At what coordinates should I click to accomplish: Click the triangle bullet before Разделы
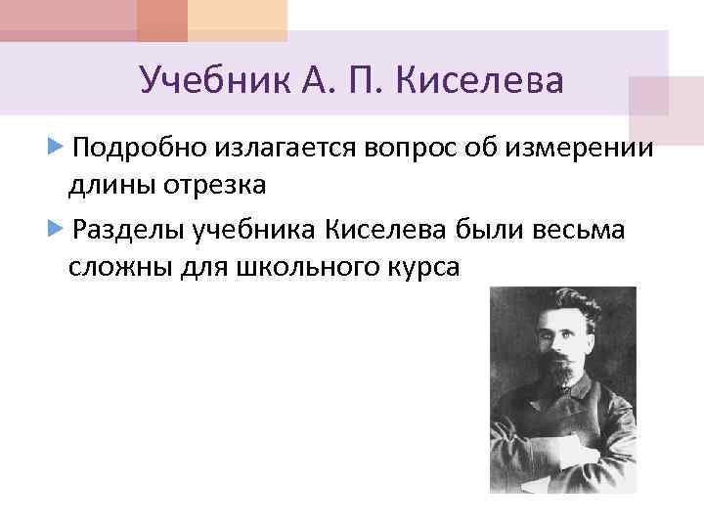click(x=56, y=231)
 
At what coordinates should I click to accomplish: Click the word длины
click(x=108, y=182)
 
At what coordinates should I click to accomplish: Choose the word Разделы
click(x=128, y=231)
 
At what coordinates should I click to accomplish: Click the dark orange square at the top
click(x=161, y=20)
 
